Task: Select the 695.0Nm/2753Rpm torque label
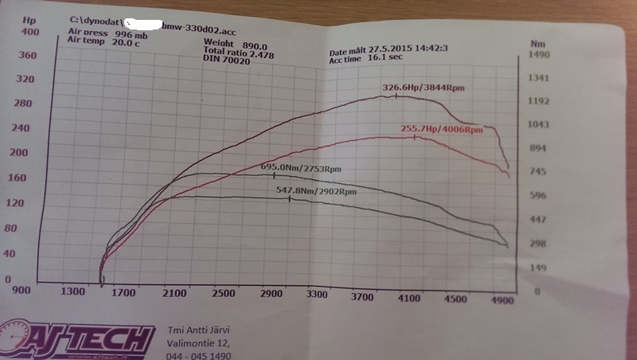pos(301,168)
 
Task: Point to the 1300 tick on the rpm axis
pos(72,292)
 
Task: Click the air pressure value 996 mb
pos(131,34)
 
